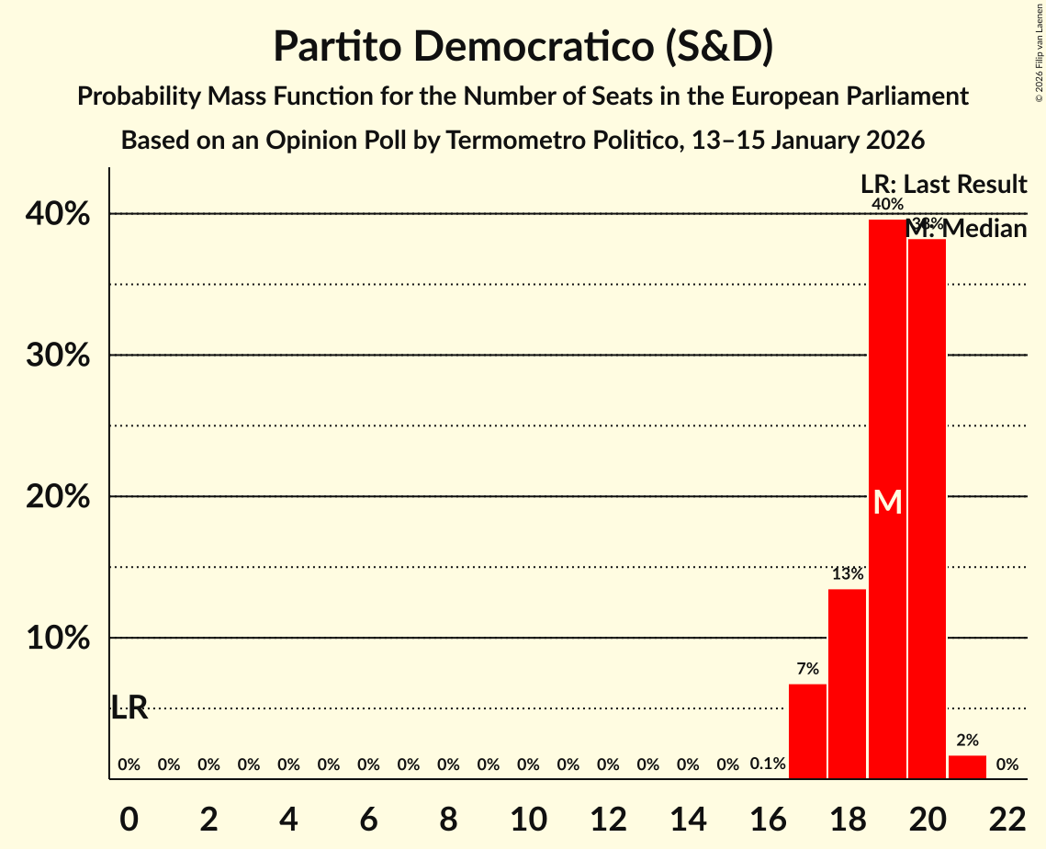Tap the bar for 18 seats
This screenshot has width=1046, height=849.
[847, 684]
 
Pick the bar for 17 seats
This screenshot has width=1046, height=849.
[807, 731]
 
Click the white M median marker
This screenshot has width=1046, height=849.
[887, 502]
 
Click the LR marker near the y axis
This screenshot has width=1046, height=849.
[129, 707]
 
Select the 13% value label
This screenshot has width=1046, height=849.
[847, 574]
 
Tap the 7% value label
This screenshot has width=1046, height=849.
[807, 669]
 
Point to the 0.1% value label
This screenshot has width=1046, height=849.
[768, 764]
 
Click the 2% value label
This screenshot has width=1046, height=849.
[967, 740]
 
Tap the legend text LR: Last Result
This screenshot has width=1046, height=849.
[942, 185]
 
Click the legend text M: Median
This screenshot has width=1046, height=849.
[966, 229]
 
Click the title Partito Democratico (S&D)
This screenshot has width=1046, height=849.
[523, 47]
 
